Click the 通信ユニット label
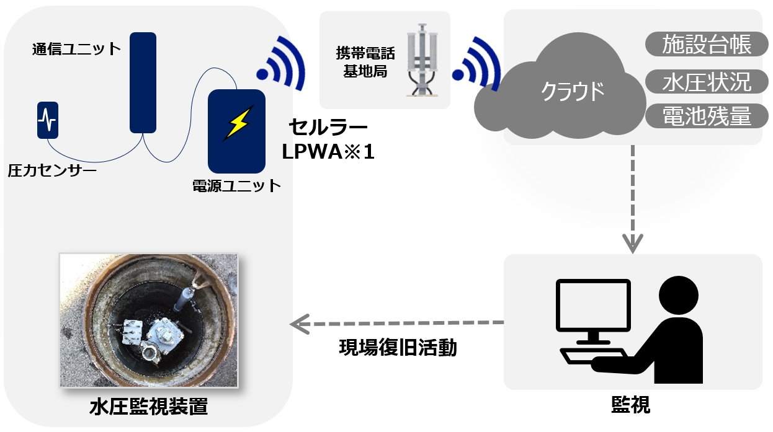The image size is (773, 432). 76,49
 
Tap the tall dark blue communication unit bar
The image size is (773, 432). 143,82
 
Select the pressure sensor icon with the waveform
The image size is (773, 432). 47,120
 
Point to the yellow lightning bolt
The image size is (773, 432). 237,123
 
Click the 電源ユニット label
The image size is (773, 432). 237,185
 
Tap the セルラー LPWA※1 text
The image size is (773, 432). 328,139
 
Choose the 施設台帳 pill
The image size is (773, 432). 707,45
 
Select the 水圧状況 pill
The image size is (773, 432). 707,81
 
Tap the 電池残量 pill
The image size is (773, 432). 707,116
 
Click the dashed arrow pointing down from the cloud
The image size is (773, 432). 632,198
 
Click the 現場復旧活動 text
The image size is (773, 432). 398,348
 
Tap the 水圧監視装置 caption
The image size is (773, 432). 148,407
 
